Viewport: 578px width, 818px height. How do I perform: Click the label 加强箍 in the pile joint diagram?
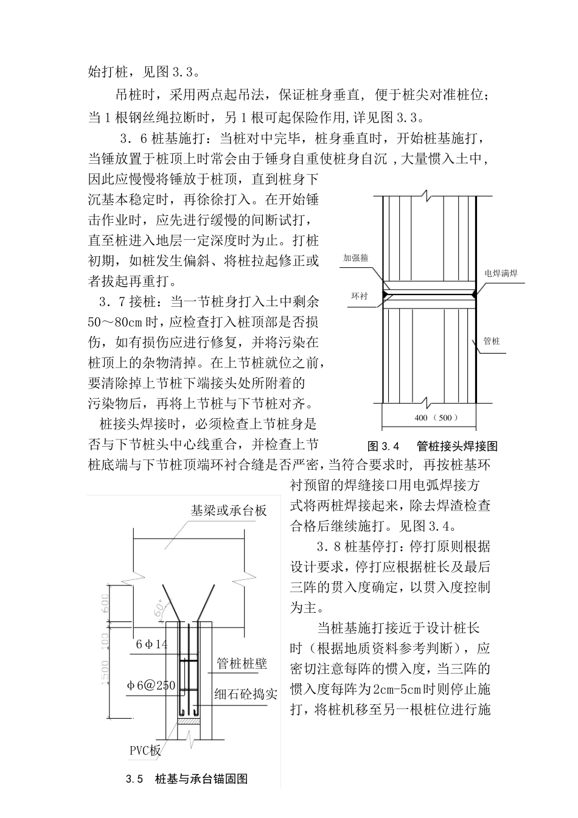click(x=356, y=258)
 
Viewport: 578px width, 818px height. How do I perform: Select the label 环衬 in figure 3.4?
click(x=359, y=296)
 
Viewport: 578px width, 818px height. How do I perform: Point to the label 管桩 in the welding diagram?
click(x=491, y=341)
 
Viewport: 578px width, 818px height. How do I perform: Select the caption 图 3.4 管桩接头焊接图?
click(x=432, y=446)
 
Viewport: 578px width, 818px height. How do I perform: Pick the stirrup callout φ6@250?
click(x=151, y=685)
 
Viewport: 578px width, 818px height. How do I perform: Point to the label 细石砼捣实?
click(x=246, y=694)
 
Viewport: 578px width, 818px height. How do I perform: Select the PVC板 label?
click(x=145, y=750)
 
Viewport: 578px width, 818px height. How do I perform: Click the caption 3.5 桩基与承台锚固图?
click(x=186, y=779)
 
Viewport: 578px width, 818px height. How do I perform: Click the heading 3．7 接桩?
click(x=129, y=302)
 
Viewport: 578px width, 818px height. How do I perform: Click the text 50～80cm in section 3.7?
click(x=122, y=322)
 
